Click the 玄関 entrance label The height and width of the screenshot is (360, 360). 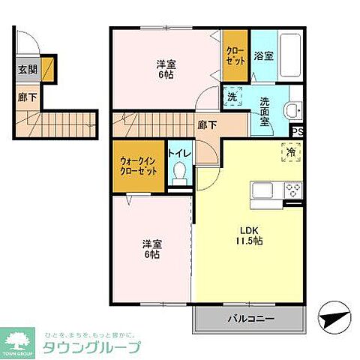tap(25, 72)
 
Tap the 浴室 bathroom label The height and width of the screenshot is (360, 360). tap(263, 55)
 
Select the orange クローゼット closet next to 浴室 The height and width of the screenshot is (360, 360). tap(235, 55)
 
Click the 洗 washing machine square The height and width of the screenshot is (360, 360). tap(232, 97)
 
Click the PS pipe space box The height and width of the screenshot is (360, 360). tap(297, 132)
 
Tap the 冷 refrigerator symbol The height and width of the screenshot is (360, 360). tap(290, 150)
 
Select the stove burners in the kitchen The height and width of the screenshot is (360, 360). tap(292, 190)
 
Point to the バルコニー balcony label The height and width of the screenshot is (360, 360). tap(250, 318)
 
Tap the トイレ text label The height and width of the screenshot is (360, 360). tap(179, 153)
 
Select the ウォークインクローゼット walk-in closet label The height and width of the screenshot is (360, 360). tap(139, 166)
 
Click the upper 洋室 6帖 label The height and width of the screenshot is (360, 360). tap(166, 70)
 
